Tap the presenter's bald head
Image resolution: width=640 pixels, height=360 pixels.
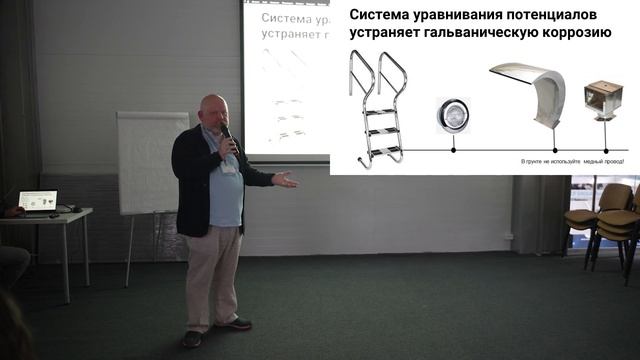212,108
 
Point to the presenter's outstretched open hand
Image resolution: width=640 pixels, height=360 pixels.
285,180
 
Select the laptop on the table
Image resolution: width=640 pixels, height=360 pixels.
38,201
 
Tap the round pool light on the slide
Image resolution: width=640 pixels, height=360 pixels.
452,115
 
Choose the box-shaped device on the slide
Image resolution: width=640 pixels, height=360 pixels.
603,98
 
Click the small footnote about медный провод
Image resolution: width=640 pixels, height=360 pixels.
573,160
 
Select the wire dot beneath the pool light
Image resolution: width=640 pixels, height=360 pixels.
453,150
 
